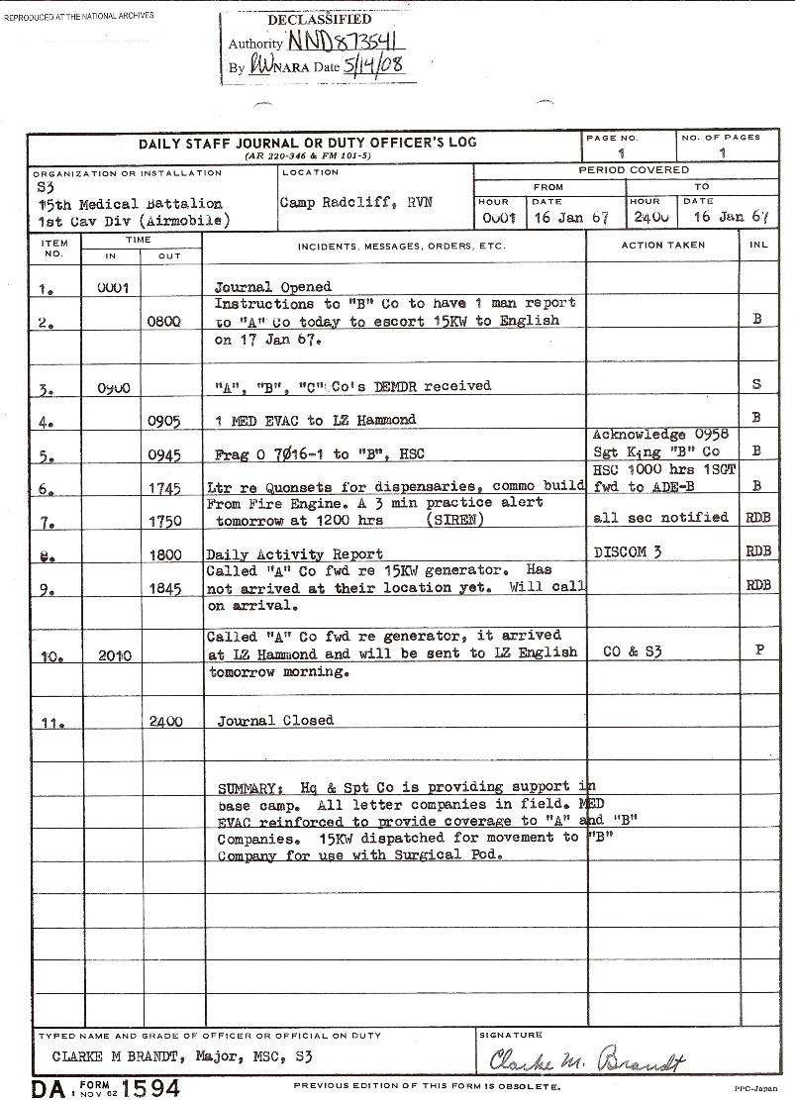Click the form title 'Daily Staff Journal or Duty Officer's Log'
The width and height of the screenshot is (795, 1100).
pyautogui.click(x=307, y=143)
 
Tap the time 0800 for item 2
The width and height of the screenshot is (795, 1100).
pyautogui.click(x=165, y=322)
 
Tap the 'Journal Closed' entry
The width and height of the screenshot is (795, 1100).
pyautogui.click(x=275, y=721)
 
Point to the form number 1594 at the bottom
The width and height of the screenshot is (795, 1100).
pyautogui.click(x=144, y=1087)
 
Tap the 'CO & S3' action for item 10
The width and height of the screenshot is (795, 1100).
pyautogui.click(x=632, y=651)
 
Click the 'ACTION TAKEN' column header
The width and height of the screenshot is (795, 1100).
pyautogui.click(x=662, y=245)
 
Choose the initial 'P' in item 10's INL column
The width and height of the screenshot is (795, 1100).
pyautogui.click(x=758, y=651)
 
